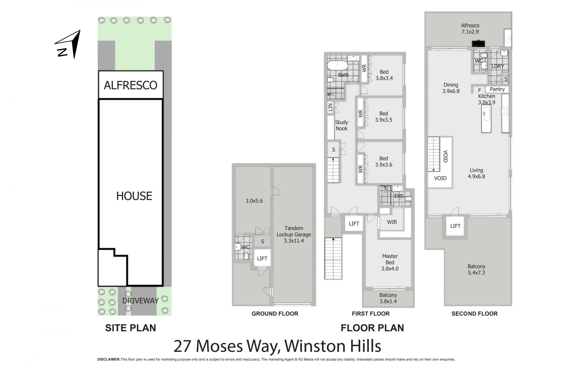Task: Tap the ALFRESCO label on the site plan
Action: [x=131, y=85]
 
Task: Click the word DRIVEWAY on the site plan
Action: [x=140, y=301]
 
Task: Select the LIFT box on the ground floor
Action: [x=262, y=259]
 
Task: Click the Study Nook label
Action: [x=341, y=125]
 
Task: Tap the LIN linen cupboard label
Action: [x=330, y=107]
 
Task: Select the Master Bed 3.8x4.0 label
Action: [x=390, y=262]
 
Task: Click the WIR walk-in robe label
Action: [x=392, y=222]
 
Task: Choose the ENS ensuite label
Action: [x=399, y=196]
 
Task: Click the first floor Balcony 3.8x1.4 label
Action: [x=388, y=298]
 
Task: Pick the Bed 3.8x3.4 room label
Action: [x=384, y=75]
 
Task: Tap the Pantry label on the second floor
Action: [x=497, y=89]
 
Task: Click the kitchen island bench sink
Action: [x=487, y=114]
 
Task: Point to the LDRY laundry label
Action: [x=498, y=66]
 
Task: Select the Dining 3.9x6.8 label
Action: [x=451, y=88]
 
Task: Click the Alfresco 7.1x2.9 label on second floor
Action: [x=470, y=29]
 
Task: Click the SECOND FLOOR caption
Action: [x=474, y=314]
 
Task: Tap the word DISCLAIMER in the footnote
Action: [x=109, y=360]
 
